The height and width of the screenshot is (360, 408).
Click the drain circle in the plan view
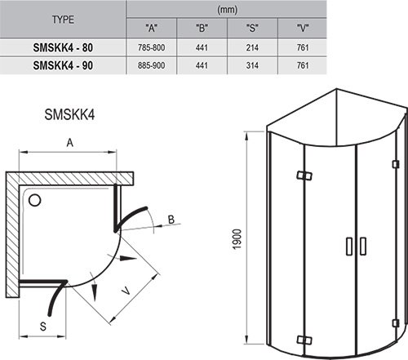[x=36, y=199]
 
